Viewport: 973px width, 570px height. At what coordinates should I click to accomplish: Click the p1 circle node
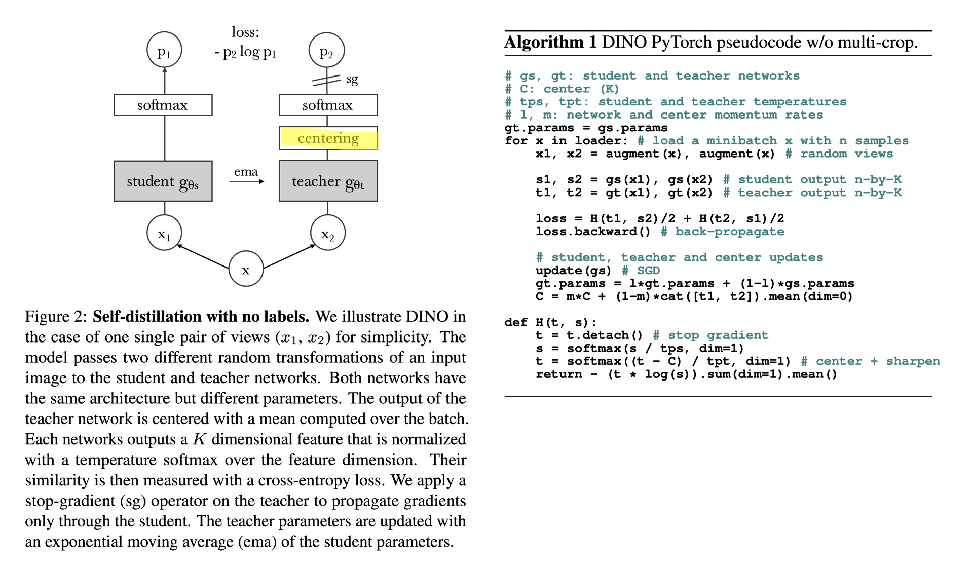pyautogui.click(x=164, y=50)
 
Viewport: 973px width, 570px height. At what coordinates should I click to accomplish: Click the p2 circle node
pyautogui.click(x=327, y=50)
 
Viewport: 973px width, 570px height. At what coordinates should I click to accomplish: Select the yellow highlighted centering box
pyautogui.click(x=328, y=138)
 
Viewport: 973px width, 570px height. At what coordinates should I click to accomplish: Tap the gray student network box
pyautogui.click(x=163, y=181)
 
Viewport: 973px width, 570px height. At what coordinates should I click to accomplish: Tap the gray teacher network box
pyautogui.click(x=328, y=181)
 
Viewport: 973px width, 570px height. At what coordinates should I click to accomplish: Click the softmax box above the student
pyautogui.click(x=163, y=105)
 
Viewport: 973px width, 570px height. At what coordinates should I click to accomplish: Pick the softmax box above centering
pyautogui.click(x=328, y=105)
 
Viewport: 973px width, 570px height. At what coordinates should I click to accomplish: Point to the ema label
pyautogui.click(x=246, y=172)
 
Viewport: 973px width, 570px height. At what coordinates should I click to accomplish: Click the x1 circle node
pyautogui.click(x=164, y=233)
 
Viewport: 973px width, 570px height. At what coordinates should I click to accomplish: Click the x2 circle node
pyautogui.click(x=328, y=233)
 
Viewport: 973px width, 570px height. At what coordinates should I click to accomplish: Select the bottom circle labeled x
pyautogui.click(x=246, y=269)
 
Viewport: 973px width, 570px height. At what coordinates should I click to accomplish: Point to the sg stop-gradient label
pyautogui.click(x=352, y=79)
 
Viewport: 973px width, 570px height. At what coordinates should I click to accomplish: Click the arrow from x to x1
pyautogui.click(x=203, y=256)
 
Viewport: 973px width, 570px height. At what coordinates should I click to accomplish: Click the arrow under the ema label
pyautogui.click(x=247, y=181)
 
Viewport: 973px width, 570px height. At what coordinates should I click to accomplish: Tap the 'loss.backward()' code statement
pyautogui.click(x=593, y=232)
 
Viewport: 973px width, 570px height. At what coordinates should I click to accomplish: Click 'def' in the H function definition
pyautogui.click(x=516, y=322)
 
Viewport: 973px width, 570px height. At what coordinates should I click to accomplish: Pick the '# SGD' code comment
pyautogui.click(x=641, y=271)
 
